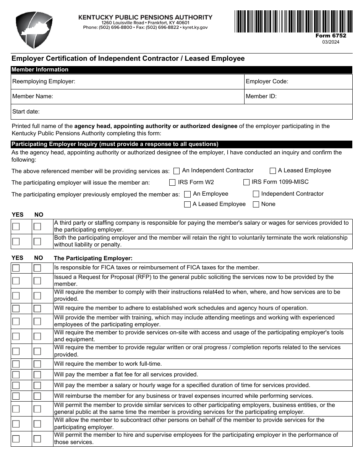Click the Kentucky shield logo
click(34, 29)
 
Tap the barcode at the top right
click(293, 21)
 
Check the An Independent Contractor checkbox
click(177, 171)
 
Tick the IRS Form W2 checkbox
click(172, 182)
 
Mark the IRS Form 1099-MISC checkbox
click(246, 182)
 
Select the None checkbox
click(256, 204)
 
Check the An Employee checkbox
click(187, 194)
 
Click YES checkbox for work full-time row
click(16, 364)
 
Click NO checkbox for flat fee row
click(37, 375)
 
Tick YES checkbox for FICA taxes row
click(16, 268)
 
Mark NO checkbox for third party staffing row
click(37, 227)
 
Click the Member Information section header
click(40, 70)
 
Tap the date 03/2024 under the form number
click(331, 42)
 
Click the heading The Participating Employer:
click(93, 258)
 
